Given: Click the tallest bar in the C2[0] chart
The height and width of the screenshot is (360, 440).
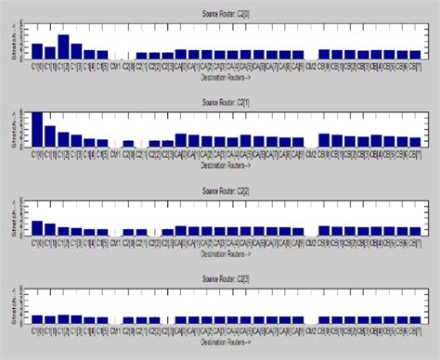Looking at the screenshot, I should (63, 47).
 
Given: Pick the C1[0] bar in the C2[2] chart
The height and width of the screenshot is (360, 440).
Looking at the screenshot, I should (37, 228).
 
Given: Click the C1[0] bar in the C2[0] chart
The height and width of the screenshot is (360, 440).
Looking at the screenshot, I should (37, 51).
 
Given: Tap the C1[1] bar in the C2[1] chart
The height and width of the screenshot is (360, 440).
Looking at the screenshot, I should (50, 136).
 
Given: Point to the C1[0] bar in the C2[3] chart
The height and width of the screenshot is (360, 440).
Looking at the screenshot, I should (37, 319).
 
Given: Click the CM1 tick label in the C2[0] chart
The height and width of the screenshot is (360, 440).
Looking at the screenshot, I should (115, 66).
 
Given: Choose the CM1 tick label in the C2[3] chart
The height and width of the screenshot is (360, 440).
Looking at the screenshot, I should (115, 331).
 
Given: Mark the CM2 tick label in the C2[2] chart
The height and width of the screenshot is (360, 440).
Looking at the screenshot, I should (310, 243).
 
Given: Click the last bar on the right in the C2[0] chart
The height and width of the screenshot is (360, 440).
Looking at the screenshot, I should (428, 55).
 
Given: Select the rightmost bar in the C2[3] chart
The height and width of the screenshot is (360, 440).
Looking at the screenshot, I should (428, 320).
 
